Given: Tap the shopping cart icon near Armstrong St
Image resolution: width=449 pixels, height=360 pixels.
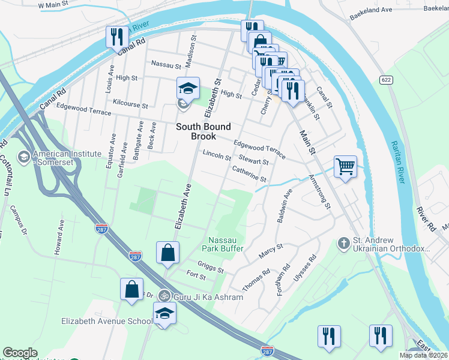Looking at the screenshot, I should point(345,166).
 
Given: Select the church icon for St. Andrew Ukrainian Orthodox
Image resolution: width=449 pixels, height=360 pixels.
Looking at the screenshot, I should point(343,243).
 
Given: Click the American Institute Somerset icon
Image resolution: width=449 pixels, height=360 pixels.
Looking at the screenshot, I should point(24,158).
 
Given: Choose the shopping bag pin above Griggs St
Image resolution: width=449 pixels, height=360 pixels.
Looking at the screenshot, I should point(167,253).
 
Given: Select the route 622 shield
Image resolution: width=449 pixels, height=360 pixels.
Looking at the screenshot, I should point(386,80).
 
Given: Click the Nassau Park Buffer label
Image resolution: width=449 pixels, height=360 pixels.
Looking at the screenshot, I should point(226,244).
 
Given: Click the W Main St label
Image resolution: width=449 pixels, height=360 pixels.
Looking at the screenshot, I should point(55,5).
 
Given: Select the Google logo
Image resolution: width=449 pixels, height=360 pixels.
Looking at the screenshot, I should point(20,353).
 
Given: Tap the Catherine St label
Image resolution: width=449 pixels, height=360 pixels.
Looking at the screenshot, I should point(249,175).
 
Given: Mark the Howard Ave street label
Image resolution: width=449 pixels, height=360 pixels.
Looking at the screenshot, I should point(59,238).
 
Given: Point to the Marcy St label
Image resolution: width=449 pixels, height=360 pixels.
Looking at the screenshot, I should point(271,251).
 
